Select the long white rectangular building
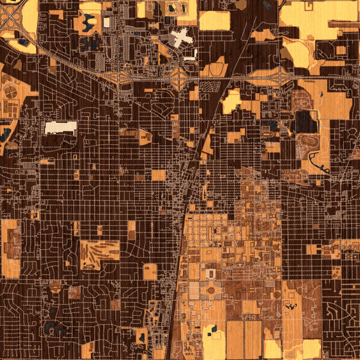pyautogui.click(x=61, y=127)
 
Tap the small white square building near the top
pyautogui.click(x=107, y=22)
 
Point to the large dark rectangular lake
pyautogui.click(x=305, y=122)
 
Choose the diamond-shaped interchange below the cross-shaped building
pyautogui.click(x=179, y=78)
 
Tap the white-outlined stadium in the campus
pyautogui.click(x=211, y=274)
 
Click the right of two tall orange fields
pyautogui.click(x=253, y=339)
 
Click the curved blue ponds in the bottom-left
pyautogui.click(x=55, y=328)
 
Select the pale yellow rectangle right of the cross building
pyautogui.click(x=214, y=21)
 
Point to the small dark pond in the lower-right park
pyautogui.click(x=293, y=307)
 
